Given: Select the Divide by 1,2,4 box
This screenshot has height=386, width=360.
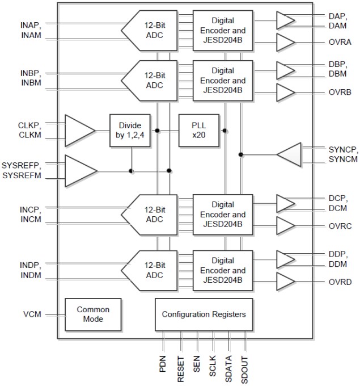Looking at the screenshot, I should coord(130,131).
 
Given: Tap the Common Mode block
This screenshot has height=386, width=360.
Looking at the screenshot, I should coord(93,314).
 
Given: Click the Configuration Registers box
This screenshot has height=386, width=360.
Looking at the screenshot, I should coord(204,314).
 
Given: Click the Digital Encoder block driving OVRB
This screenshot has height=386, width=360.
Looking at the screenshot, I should coord(223,80).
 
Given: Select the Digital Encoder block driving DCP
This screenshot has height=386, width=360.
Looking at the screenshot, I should coord(223,215).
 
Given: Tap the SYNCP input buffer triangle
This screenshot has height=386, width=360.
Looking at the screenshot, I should coord(290,154).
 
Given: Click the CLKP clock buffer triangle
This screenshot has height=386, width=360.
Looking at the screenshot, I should coord(79,131).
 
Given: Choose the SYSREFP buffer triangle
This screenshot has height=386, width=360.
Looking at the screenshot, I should coord(79,170).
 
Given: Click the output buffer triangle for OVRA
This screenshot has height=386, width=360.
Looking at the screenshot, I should coord(285,42).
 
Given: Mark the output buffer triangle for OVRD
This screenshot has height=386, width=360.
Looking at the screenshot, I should coord(285,282).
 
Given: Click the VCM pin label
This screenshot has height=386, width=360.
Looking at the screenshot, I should coord(32,314).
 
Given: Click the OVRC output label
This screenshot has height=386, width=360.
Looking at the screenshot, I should coord(340,226).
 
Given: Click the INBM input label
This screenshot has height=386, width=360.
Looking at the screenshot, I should coord(29,84).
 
